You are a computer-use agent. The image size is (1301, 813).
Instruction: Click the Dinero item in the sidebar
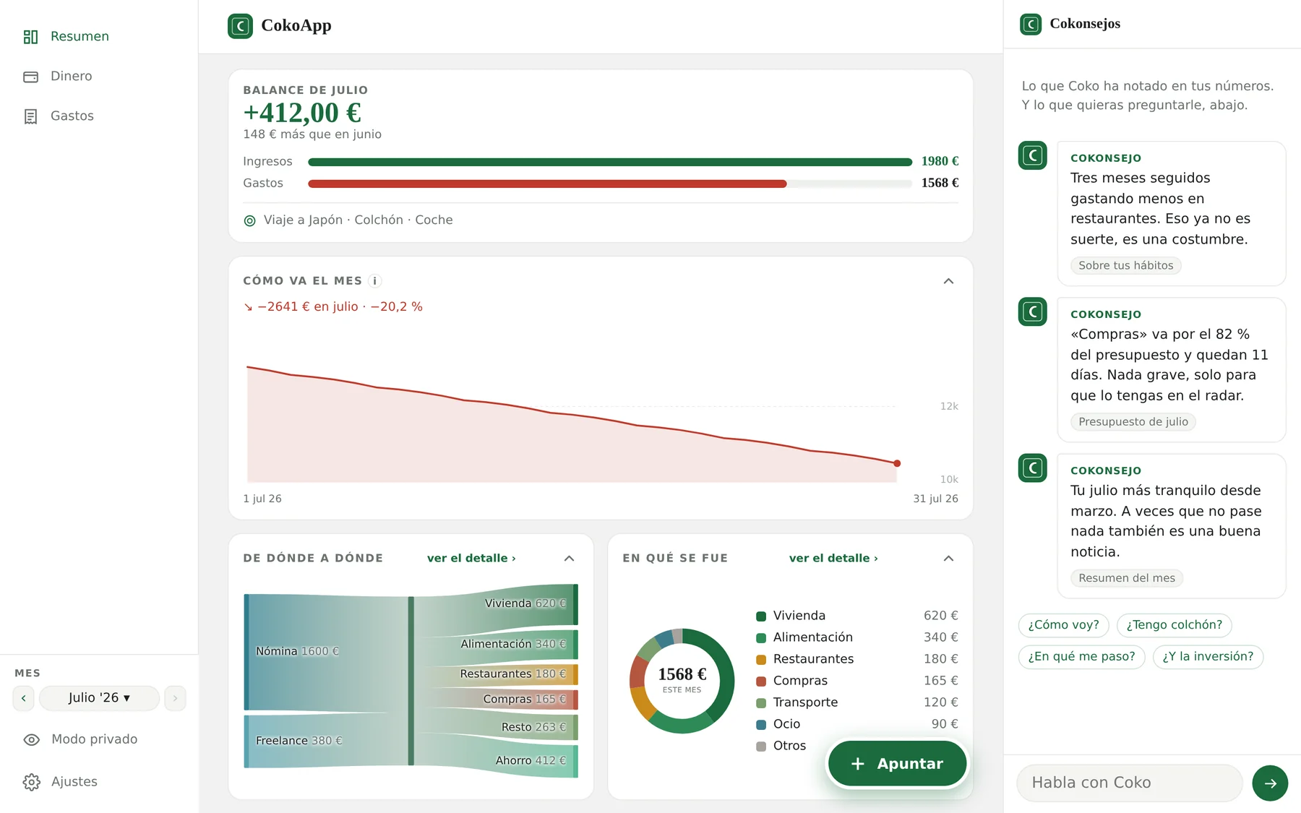pyautogui.click(x=58, y=76)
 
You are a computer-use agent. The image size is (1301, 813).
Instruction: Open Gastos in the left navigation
pyautogui.click(x=58, y=116)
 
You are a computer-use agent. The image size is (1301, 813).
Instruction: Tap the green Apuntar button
pyautogui.click(x=897, y=763)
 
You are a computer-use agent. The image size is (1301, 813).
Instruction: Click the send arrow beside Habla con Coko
pyautogui.click(x=1270, y=783)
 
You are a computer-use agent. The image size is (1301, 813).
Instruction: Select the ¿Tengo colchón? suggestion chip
pyautogui.click(x=1174, y=625)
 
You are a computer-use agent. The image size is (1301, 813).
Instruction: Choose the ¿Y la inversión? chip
pyautogui.click(x=1208, y=657)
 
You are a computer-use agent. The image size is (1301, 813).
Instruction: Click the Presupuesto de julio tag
pyautogui.click(x=1133, y=422)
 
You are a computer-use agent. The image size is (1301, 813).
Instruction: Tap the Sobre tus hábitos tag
pyautogui.click(x=1125, y=266)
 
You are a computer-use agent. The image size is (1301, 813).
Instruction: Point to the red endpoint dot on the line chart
pyautogui.click(x=897, y=463)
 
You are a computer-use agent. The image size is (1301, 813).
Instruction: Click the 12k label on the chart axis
pyautogui.click(x=949, y=406)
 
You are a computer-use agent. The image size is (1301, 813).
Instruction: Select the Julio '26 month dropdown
pyautogui.click(x=99, y=698)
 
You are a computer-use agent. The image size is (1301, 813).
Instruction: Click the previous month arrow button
pyautogui.click(x=23, y=698)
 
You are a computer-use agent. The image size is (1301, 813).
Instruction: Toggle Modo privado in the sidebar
pyautogui.click(x=80, y=739)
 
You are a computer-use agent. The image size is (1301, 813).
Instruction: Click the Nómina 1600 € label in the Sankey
pyautogui.click(x=297, y=651)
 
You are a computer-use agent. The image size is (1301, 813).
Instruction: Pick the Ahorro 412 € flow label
pyautogui.click(x=531, y=760)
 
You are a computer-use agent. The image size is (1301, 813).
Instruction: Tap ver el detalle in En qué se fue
pyautogui.click(x=833, y=558)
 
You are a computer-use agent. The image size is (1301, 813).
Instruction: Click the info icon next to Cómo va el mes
pyautogui.click(x=374, y=281)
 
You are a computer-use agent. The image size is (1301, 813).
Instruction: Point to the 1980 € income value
pyautogui.click(x=940, y=161)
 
